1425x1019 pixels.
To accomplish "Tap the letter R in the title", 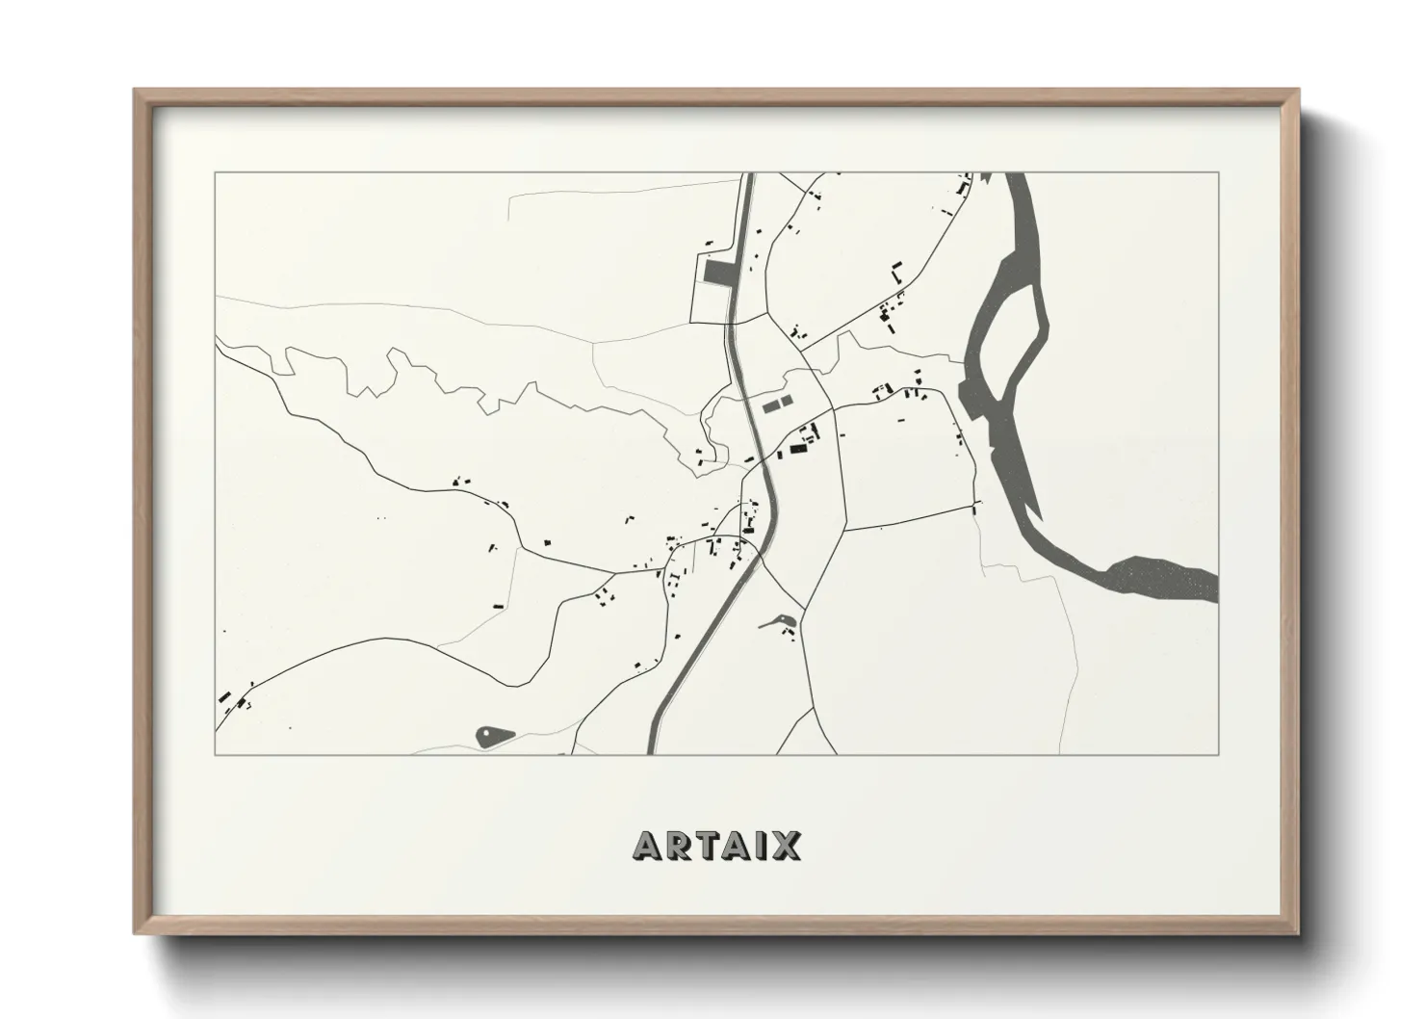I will point(677,847).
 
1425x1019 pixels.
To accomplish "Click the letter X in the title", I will point(785,847).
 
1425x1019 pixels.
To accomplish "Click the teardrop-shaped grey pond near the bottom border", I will point(494,737).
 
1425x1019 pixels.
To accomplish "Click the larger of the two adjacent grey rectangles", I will point(770,407).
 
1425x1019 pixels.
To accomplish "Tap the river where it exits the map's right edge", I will point(1211,588).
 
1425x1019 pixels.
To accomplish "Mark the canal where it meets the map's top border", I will point(747,176).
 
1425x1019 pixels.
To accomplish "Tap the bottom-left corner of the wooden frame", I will point(136,934).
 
